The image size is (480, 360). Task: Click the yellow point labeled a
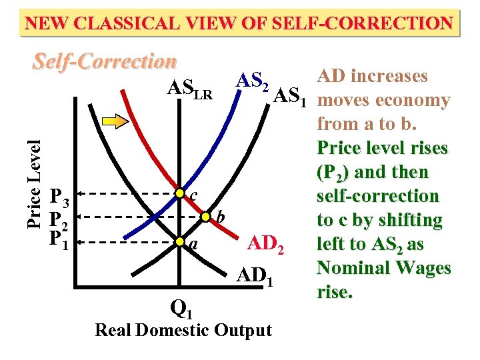tap(179, 241)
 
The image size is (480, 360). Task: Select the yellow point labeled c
tap(179, 193)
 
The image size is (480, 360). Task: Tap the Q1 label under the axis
tap(182, 308)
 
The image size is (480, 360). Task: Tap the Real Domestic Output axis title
tap(183, 330)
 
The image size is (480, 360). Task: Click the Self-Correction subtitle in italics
tap(105, 62)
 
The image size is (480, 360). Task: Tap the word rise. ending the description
tap(335, 292)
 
